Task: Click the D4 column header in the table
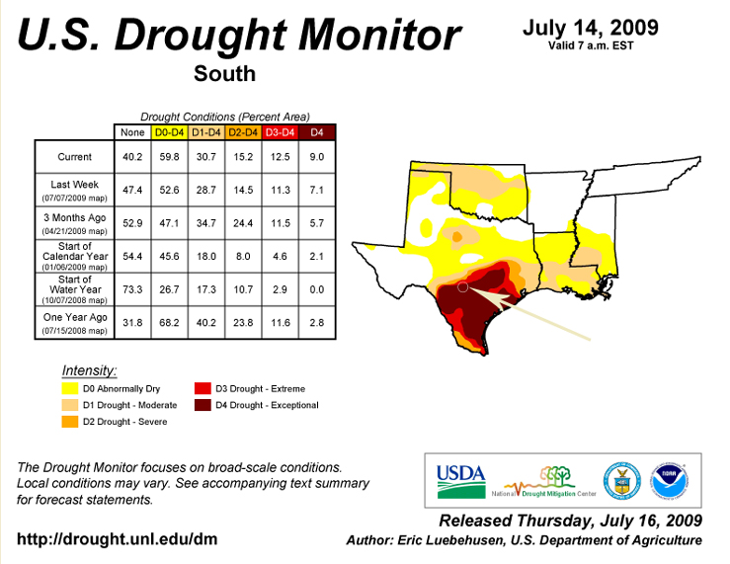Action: click(317, 132)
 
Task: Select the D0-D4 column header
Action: click(169, 132)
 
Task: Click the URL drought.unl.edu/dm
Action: click(117, 539)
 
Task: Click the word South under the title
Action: click(224, 73)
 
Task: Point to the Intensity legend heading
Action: click(89, 370)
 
